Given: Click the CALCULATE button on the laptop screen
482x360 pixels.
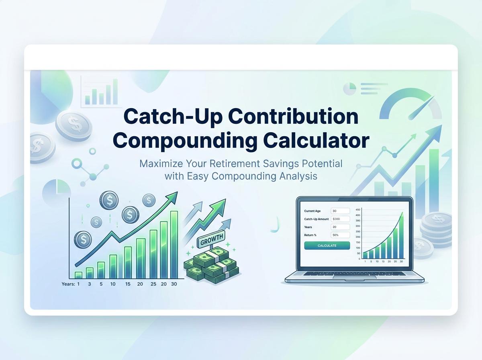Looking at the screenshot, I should (x=327, y=245).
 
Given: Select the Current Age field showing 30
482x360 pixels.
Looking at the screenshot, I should (x=340, y=211).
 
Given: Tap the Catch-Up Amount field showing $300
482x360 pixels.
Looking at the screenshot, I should (x=340, y=219).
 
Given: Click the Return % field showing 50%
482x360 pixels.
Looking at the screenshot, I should (x=340, y=235).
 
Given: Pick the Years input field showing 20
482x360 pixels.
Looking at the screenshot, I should (x=340, y=227).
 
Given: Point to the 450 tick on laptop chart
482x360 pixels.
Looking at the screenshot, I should (x=358, y=210).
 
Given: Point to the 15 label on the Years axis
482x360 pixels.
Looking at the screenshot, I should (x=128, y=284).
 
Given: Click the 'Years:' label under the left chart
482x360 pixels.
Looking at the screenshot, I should (x=68, y=284).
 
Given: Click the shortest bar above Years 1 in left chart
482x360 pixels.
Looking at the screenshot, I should (x=78, y=275).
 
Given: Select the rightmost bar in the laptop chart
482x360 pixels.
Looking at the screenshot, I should (x=401, y=237).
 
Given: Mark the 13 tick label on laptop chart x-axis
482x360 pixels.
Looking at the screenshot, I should (x=383, y=262).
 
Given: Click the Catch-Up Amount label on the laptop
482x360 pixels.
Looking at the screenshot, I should (x=317, y=219).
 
